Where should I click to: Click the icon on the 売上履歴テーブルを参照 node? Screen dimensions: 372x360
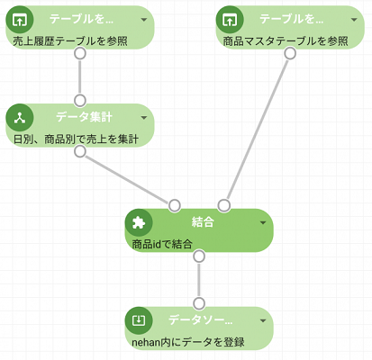point(20,20)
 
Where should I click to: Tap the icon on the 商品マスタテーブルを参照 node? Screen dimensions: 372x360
point(230,20)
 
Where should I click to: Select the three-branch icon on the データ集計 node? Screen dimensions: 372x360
point(20,118)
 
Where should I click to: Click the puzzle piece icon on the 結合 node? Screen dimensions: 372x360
point(139,222)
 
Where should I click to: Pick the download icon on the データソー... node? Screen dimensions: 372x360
point(139,320)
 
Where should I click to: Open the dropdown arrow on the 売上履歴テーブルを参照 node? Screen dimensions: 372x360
point(144,20)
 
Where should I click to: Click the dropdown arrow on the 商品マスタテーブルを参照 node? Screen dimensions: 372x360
point(354,20)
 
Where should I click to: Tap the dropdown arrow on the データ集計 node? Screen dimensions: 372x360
point(144,118)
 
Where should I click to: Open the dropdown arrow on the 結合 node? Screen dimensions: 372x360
point(263,222)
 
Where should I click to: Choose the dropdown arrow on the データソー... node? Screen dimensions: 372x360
point(263,320)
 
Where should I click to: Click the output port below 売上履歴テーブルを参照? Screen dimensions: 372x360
point(80,53)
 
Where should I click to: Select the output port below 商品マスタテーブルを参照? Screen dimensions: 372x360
point(290,53)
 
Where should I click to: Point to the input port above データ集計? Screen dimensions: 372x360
point(80,101)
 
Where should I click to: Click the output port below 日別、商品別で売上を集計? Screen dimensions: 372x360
point(80,151)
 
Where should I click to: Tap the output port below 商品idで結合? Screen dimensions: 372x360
point(199,256)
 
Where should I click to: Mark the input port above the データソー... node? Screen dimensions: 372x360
point(199,303)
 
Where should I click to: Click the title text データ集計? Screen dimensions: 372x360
point(85,117)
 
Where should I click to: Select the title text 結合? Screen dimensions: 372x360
point(203,222)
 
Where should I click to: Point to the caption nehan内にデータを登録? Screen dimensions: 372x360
point(188,342)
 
